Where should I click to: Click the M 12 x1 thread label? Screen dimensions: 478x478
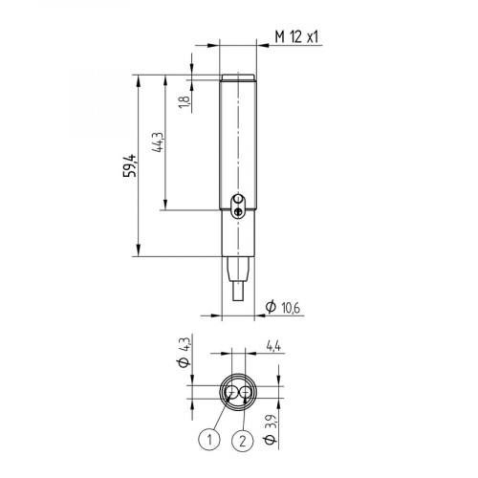pos(295,35)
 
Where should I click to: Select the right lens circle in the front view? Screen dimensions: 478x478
pos(246,392)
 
